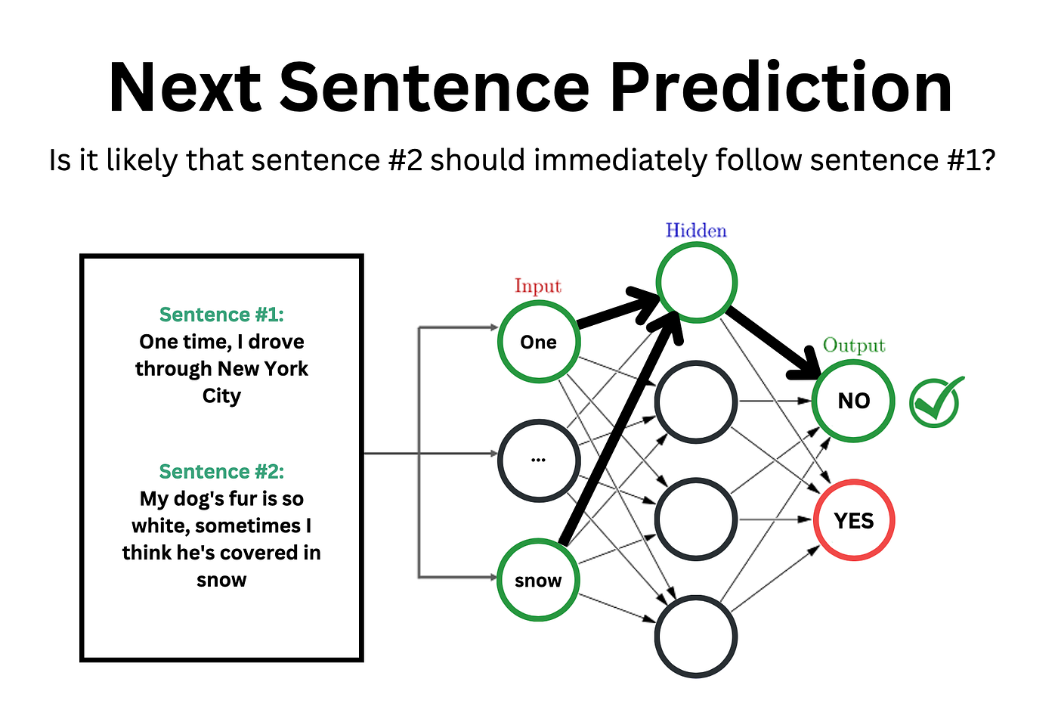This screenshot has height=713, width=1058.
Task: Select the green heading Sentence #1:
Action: tap(221, 315)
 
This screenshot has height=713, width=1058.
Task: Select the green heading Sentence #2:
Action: tap(221, 472)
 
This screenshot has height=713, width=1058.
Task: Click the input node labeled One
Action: tap(538, 342)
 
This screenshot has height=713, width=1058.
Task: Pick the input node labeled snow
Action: tap(538, 580)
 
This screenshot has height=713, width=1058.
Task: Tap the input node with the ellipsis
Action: tap(538, 460)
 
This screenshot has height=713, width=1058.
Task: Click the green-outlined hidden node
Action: tap(696, 283)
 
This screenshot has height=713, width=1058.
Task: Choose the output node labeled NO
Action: tap(853, 401)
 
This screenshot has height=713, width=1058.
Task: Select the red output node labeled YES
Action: tap(853, 520)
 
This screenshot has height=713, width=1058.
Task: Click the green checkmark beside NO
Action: tap(936, 401)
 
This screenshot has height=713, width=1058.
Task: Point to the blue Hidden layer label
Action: tap(696, 231)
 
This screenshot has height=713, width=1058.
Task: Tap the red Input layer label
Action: tap(538, 286)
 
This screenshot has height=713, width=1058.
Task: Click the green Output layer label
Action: tap(853, 346)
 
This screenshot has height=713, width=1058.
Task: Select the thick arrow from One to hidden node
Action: tap(616, 312)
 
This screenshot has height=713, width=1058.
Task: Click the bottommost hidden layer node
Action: tap(696, 636)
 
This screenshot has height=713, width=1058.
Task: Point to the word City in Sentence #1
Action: tap(221, 396)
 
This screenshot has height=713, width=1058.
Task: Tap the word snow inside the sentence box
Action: tap(221, 580)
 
